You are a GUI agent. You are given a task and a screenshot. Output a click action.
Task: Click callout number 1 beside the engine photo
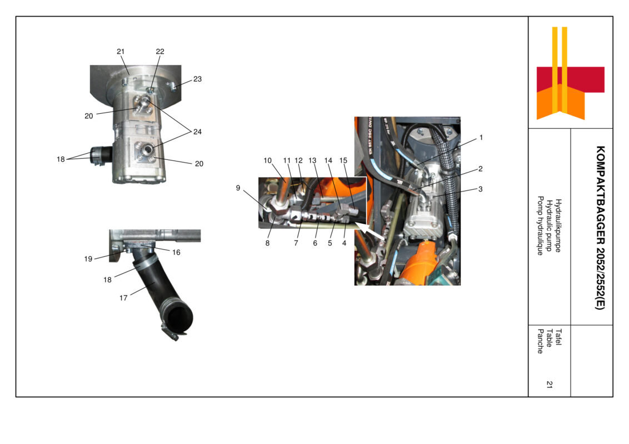point(481,137)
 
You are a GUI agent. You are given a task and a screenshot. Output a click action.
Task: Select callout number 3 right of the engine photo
point(480,189)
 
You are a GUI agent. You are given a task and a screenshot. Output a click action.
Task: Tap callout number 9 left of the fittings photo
point(238,188)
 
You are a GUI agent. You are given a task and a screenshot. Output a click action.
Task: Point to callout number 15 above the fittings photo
point(343,160)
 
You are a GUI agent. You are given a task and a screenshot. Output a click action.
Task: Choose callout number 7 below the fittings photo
point(296,243)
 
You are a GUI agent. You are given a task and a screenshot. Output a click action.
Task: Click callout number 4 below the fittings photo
point(344,243)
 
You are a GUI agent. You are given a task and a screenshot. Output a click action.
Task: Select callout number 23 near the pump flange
point(197,79)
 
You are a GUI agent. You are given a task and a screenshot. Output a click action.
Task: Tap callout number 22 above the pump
point(160,52)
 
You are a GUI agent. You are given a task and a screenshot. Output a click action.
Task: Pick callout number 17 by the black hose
point(123,298)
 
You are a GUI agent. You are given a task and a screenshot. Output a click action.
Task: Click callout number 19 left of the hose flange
point(88,259)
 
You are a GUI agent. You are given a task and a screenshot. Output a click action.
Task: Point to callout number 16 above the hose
point(176,252)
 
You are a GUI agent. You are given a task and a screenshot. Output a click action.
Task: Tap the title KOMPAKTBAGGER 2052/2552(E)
point(600,227)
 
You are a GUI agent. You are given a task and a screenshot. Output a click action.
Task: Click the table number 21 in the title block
point(549,384)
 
